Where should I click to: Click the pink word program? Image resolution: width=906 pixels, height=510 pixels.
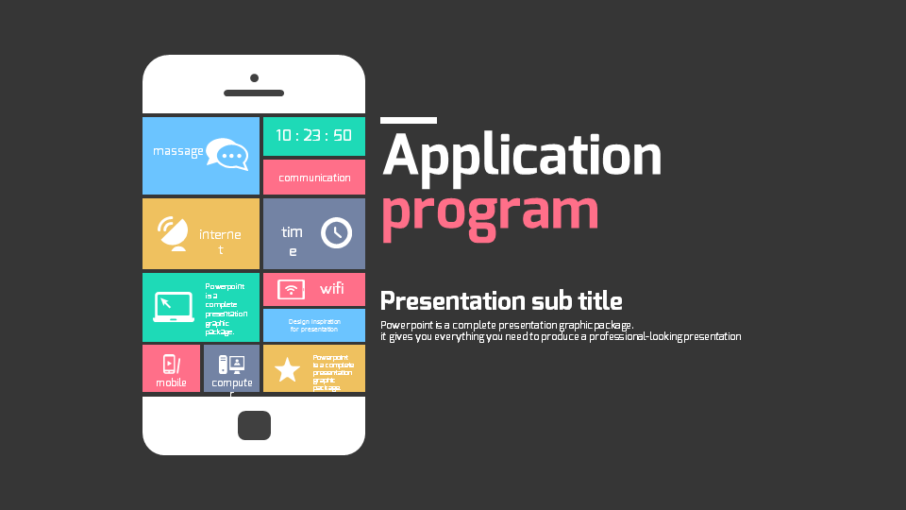[489, 212]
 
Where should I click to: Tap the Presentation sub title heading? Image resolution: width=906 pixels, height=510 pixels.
[500, 301]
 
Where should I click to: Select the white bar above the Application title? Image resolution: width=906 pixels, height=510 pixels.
[408, 120]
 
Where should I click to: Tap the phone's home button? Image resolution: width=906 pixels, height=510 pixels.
[254, 425]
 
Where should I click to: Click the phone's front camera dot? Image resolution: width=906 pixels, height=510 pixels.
[254, 77]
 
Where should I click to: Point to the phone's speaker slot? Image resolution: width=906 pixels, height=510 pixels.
[254, 93]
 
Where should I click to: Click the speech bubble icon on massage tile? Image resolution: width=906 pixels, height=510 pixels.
[226, 154]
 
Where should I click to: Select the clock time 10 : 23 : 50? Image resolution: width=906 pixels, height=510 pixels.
[313, 135]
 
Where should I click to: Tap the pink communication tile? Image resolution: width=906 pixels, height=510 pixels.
[314, 178]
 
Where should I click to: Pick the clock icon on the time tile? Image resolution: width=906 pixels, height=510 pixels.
[336, 232]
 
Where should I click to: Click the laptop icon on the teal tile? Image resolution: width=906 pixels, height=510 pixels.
[174, 307]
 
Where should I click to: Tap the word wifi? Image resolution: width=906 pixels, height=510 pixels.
[332, 289]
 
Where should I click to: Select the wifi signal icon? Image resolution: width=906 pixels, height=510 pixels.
[291, 289]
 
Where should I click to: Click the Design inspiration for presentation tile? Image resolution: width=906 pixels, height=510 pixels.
[313, 325]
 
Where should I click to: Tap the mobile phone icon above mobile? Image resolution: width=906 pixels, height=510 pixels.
[170, 364]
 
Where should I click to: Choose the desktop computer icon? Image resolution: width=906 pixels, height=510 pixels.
[231, 364]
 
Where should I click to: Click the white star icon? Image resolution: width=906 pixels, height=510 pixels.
[287, 370]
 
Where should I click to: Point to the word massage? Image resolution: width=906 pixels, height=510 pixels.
[177, 151]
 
